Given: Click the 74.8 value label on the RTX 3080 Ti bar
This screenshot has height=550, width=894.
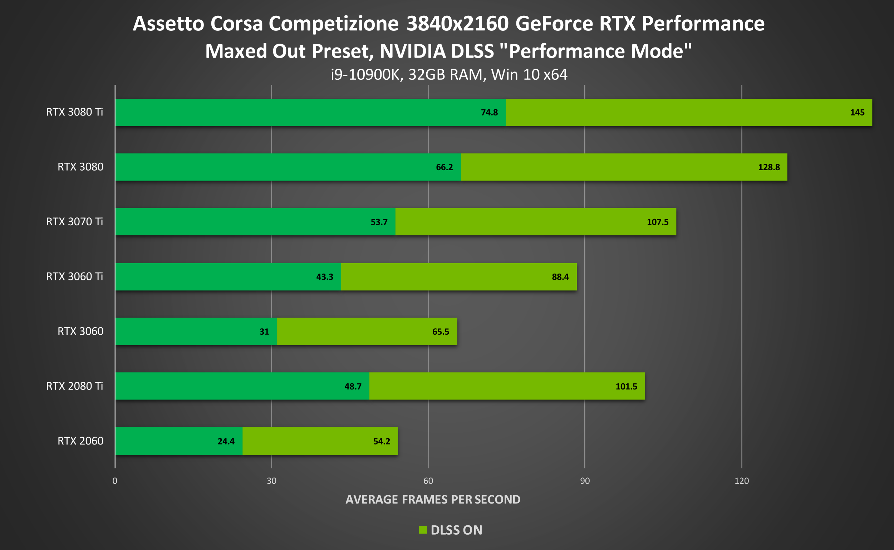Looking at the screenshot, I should [x=489, y=112].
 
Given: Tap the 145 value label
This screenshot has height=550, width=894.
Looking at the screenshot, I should [x=857, y=112].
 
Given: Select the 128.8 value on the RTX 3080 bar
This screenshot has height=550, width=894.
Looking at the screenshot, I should [x=768, y=167].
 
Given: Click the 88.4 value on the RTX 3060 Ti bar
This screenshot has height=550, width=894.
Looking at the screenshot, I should [x=560, y=277].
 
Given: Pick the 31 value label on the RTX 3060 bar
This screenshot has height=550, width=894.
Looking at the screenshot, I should [x=264, y=332].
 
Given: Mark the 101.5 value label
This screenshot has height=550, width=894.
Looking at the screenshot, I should [x=626, y=387].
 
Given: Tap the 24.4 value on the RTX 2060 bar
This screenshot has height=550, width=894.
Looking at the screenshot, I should [x=226, y=441].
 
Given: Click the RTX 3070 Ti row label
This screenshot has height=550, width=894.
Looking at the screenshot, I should [x=75, y=221].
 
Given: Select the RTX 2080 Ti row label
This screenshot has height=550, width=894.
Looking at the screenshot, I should [x=75, y=386].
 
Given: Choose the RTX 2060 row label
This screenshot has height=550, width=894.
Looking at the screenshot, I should [x=80, y=441].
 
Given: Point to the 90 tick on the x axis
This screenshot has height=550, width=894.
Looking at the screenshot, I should [x=584, y=481].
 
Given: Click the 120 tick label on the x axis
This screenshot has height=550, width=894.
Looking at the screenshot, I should [x=741, y=481].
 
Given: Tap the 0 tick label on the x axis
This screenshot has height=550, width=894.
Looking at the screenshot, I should [x=115, y=481].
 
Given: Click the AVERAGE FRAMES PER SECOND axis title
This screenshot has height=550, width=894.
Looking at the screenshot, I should [x=433, y=500].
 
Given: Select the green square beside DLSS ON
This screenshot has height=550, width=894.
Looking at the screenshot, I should [x=423, y=530].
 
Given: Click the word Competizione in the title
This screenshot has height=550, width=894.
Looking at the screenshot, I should [x=334, y=24].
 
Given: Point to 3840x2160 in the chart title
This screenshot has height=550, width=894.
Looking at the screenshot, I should [x=457, y=24].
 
